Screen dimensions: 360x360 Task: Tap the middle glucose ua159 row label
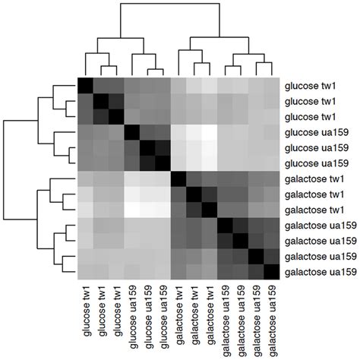(317, 147)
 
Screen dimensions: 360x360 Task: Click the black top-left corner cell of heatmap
(85, 85)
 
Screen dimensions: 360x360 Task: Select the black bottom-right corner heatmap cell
(272, 272)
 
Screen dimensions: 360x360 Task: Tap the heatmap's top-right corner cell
(272, 85)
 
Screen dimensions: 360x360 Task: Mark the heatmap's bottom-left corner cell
(85, 272)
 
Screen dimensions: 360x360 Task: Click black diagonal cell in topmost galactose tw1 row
(178, 178)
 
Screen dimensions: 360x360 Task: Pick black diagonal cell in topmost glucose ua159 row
(132, 132)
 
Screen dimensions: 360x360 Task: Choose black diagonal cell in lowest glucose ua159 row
(163, 163)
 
